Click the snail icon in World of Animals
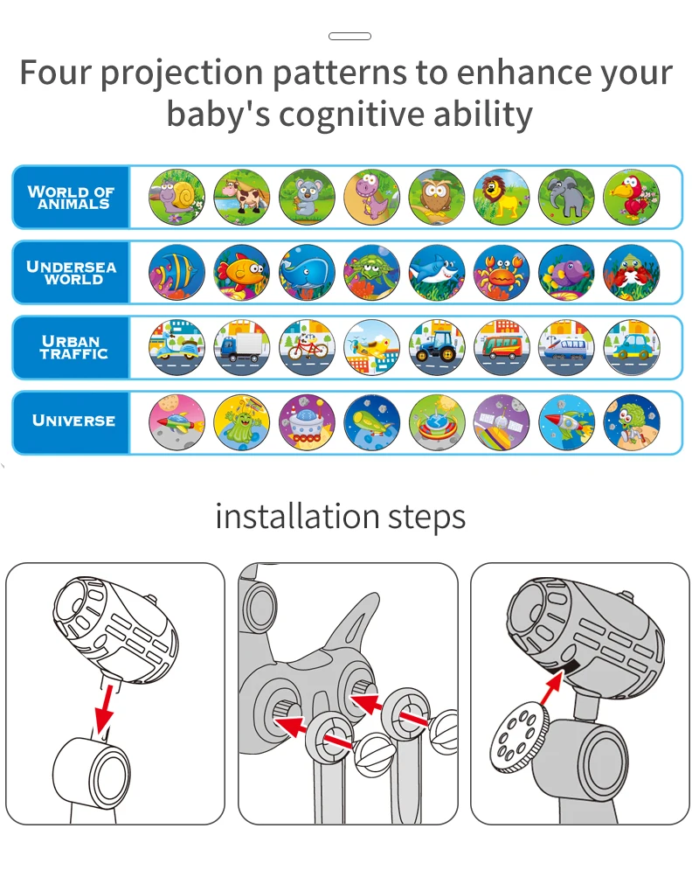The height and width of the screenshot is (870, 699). pyautogui.click(x=176, y=198)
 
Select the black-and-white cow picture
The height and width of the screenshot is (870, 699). pyautogui.click(x=242, y=198)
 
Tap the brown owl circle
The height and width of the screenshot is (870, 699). pyautogui.click(x=437, y=198)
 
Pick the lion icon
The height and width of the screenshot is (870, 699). pyautogui.click(x=502, y=198)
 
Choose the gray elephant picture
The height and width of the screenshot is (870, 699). pyautogui.click(x=566, y=198)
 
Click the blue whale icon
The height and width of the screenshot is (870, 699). pyautogui.click(x=307, y=273)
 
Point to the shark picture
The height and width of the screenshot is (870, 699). pyautogui.click(x=437, y=273)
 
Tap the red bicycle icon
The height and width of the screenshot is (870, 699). pyautogui.click(x=307, y=347)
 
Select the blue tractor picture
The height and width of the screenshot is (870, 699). pyautogui.click(x=437, y=347)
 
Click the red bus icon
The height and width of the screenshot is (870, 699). pyautogui.click(x=502, y=347)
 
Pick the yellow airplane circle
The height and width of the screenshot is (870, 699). pyautogui.click(x=372, y=347)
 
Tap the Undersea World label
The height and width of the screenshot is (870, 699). pyautogui.click(x=72, y=273)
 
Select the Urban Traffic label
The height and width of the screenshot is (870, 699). pyautogui.click(x=74, y=347)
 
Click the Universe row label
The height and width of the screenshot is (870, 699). pyautogui.click(x=74, y=421)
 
